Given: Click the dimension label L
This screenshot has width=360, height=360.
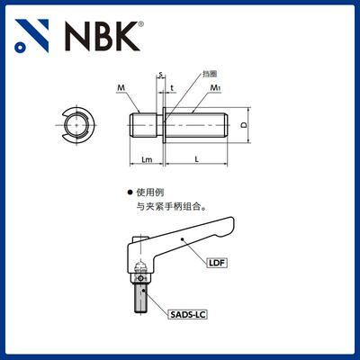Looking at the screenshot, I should click(197, 159).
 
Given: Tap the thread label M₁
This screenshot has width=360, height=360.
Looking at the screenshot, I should click(216, 87).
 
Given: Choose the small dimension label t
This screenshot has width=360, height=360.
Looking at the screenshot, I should click(171, 87).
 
